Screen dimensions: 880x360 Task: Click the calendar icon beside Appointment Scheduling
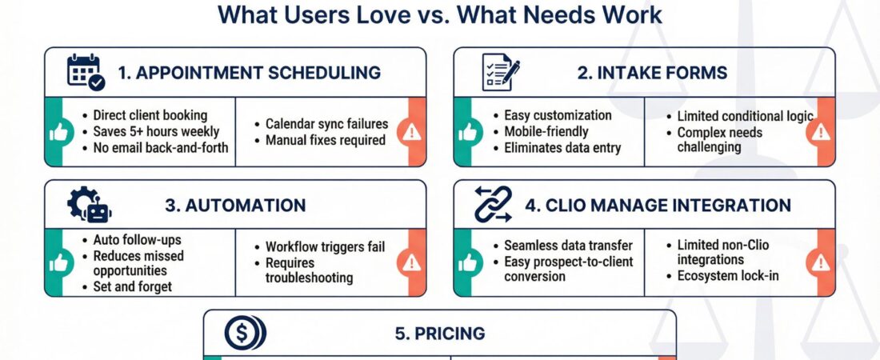pyautogui.click(x=86, y=73)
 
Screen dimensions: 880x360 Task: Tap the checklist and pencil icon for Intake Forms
pyautogui.click(x=501, y=72)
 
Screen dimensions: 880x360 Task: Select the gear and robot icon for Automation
pyautogui.click(x=90, y=205)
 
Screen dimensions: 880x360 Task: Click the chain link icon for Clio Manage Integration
pyautogui.click(x=493, y=205)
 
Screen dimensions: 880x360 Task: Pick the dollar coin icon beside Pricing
pyautogui.click(x=245, y=333)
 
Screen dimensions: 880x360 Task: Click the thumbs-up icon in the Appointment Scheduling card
pyautogui.click(x=58, y=133)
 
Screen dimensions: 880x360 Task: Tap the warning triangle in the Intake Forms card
pyautogui.click(x=821, y=133)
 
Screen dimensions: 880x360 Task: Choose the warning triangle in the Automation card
pyautogui.click(x=411, y=262)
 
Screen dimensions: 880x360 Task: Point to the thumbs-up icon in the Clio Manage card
pyautogui.click(x=467, y=262)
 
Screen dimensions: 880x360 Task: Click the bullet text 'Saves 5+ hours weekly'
pyautogui.click(x=156, y=132)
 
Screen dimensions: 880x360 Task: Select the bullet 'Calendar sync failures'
pyautogui.click(x=326, y=123)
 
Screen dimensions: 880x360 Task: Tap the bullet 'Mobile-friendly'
pyautogui.click(x=546, y=131)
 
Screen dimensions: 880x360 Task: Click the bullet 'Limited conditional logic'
pyautogui.click(x=746, y=116)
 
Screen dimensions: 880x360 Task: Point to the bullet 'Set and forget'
pyautogui.click(x=133, y=286)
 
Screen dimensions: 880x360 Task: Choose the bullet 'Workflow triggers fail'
pyautogui.click(x=325, y=246)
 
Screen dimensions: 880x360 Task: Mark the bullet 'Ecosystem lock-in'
pyautogui.click(x=728, y=276)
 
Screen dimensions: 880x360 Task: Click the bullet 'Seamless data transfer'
pyautogui.click(x=569, y=246)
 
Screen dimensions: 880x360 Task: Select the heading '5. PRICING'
pyautogui.click(x=439, y=333)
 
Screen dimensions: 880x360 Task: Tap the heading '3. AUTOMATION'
pyautogui.click(x=235, y=205)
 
